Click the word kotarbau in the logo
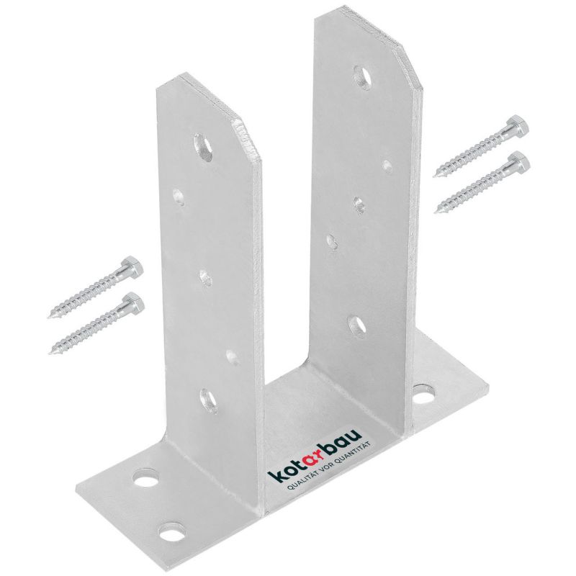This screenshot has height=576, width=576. point(315,454)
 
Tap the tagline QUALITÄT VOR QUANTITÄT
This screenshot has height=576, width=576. point(329,467)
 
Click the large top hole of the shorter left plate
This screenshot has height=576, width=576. point(204,148)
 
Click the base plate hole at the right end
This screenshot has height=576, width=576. point(423,395)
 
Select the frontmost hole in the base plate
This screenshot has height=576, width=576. point(172,533)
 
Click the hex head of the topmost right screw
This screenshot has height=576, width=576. point(518,126)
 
